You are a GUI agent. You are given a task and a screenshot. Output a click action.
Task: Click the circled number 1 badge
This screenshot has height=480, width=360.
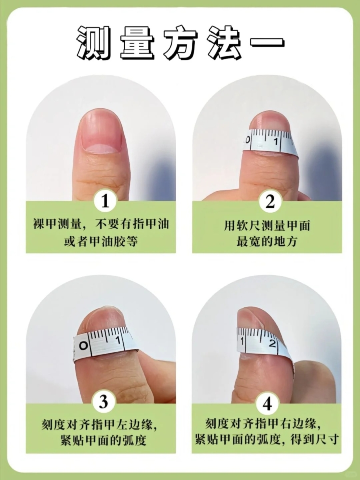[105, 201]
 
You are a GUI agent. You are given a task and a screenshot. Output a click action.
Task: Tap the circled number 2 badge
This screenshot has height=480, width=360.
[270, 201]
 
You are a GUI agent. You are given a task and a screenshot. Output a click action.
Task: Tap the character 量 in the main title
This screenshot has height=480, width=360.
[138, 43]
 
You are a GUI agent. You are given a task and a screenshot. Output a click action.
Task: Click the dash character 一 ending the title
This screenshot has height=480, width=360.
[267, 43]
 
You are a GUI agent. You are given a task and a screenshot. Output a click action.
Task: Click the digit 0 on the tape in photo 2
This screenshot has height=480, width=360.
[248, 140]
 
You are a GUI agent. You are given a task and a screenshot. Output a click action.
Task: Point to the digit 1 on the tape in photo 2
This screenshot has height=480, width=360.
[276, 142]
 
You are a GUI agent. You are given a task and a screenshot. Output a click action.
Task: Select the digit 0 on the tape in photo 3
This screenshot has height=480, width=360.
[83, 346]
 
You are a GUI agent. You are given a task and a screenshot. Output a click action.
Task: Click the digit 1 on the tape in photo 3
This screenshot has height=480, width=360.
[118, 340]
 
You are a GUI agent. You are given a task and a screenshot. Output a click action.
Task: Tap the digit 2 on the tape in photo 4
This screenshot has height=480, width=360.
[272, 344]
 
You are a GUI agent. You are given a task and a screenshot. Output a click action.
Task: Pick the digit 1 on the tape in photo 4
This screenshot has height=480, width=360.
[242, 341]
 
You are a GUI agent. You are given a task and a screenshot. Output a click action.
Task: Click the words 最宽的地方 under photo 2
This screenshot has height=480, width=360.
[267, 242]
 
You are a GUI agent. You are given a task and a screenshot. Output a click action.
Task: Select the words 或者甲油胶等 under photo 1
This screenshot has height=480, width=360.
[101, 242]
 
